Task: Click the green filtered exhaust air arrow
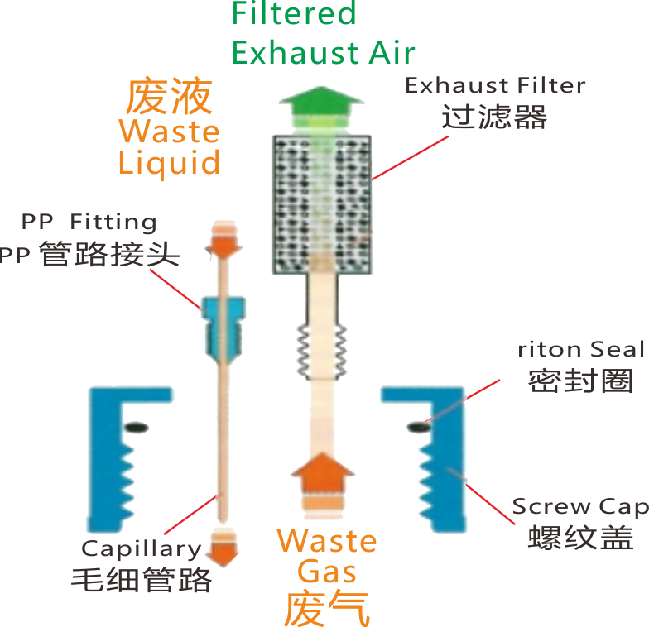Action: pyautogui.click(x=320, y=105)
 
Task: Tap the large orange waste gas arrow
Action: pyautogui.click(x=323, y=473)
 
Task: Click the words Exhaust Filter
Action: pyautogui.click(x=495, y=85)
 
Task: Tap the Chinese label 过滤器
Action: pyautogui.click(x=494, y=117)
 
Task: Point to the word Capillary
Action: pyautogui.click(x=141, y=548)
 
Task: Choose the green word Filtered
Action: pyautogui.click(x=294, y=13)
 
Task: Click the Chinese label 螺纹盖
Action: pyautogui.click(x=580, y=538)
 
